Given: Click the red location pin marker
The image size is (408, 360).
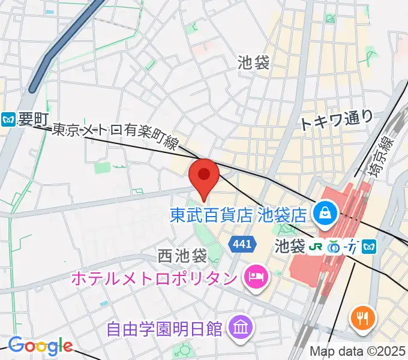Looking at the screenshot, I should (x=203, y=175).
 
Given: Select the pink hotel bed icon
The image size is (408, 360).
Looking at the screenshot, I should (x=256, y=277).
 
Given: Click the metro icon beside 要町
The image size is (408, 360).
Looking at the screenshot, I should (x=8, y=119).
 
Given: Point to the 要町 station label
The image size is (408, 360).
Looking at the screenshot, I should (x=32, y=119).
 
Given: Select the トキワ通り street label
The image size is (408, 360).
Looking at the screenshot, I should (x=336, y=119).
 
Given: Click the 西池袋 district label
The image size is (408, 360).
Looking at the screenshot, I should (x=182, y=256).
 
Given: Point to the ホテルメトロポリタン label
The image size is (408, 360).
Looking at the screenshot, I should (x=154, y=278).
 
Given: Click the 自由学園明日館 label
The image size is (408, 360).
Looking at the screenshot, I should (x=164, y=329).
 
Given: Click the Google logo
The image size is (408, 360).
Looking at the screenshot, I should (x=40, y=346).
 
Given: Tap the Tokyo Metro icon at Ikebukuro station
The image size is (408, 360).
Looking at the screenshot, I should (x=370, y=246).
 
